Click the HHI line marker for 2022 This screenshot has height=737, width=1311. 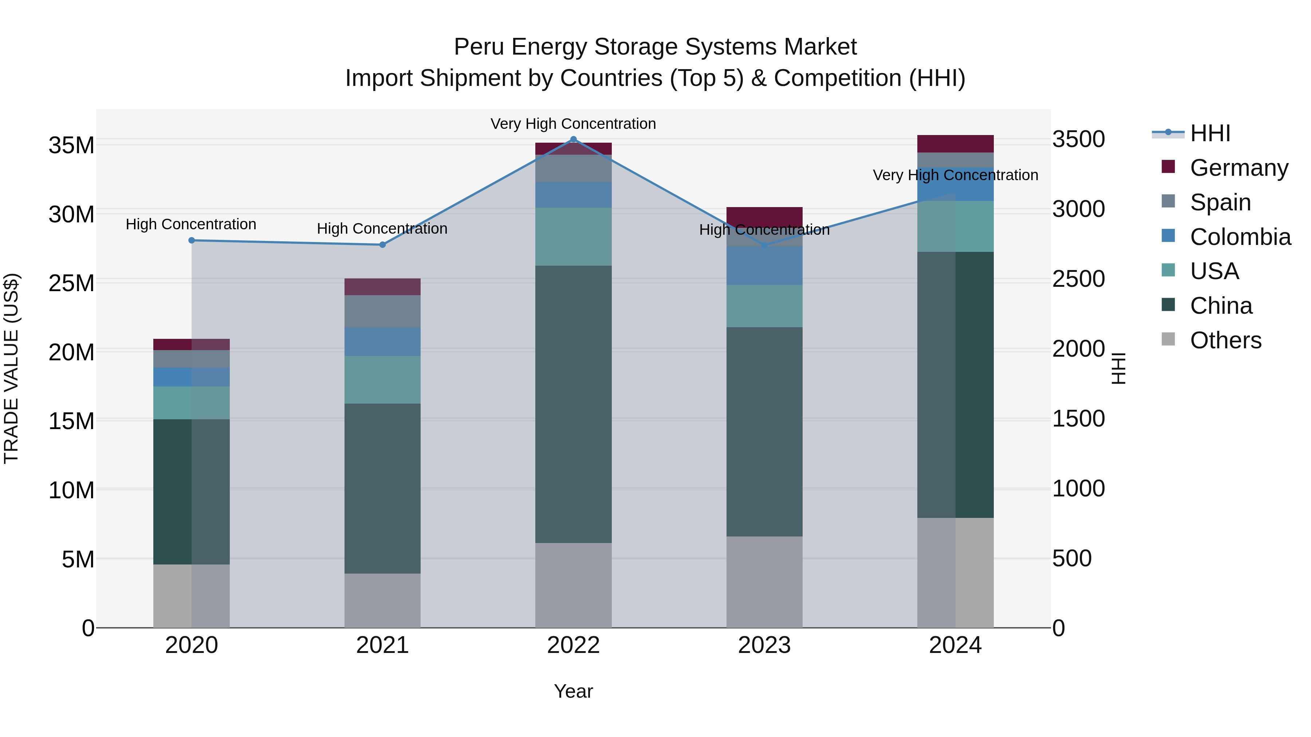click(573, 139)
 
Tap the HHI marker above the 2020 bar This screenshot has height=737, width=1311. click(191, 240)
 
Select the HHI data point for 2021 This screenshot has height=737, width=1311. click(382, 245)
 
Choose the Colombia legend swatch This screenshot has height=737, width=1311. click(1169, 236)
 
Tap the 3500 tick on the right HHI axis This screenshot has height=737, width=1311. click(1078, 139)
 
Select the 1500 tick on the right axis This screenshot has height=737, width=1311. click(1078, 419)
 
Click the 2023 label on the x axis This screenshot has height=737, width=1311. click(764, 645)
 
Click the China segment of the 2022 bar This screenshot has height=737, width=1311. click(573, 404)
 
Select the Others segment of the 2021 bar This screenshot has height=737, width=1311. click(382, 600)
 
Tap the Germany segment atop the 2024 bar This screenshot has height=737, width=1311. click(955, 144)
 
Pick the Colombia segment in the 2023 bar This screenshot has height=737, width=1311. click(764, 266)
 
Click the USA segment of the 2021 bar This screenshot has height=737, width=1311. click(382, 380)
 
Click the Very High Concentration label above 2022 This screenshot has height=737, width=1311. click(573, 124)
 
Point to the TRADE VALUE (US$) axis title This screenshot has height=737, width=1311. click(11, 368)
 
